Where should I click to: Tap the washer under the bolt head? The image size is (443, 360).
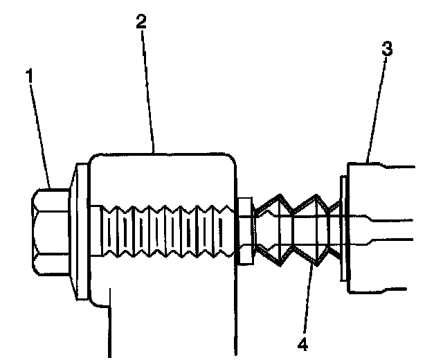80,233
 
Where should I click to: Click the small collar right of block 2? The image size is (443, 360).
244,229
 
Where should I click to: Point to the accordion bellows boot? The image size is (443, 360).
294,229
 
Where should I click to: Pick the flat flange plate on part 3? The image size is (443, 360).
343,229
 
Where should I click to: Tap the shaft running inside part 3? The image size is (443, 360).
388,229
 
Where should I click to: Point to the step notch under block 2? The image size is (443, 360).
107,294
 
